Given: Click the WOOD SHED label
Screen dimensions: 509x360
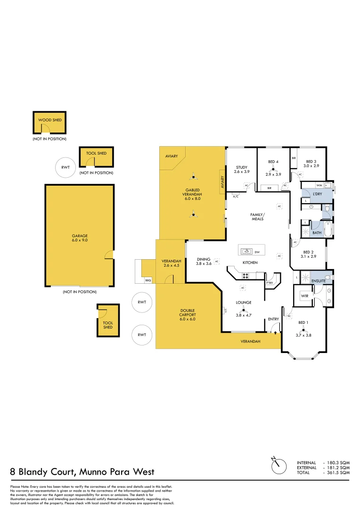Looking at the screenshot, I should coord(49,120).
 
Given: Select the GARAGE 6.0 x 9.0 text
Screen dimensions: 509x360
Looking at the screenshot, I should coord(80,238).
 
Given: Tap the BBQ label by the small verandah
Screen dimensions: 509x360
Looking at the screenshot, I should coord(147,280).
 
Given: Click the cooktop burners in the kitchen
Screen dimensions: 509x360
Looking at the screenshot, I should coord(245,276).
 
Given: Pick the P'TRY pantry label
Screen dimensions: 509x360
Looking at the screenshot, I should coord(270,283).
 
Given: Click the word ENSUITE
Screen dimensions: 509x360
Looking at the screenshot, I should coord(319,281).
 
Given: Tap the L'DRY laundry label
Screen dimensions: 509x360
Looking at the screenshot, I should coord(317,194).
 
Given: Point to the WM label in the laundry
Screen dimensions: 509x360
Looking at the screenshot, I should coord(319,185).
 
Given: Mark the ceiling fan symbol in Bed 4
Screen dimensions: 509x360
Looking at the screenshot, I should coord(272,168).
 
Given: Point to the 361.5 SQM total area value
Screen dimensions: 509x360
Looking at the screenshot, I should coord(339,472).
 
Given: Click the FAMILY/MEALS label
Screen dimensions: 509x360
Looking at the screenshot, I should coord(257,216).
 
